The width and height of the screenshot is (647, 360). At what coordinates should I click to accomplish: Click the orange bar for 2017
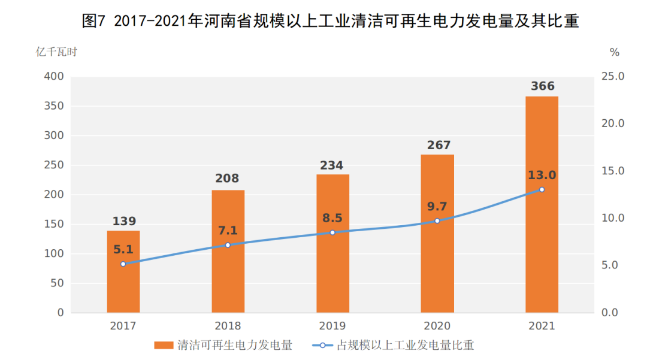click(x=123, y=282)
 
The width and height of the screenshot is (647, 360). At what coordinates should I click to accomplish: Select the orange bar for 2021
click(x=542, y=240)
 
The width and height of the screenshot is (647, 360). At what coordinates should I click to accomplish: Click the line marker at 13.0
click(x=542, y=189)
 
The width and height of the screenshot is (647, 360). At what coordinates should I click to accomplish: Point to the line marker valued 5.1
click(x=123, y=264)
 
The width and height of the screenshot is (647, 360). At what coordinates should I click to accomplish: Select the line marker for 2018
click(x=228, y=245)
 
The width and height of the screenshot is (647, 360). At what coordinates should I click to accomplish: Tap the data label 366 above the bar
click(x=542, y=86)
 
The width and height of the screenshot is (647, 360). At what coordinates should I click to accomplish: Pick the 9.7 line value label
click(x=437, y=207)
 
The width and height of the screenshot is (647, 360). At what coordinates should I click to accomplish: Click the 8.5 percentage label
click(x=332, y=218)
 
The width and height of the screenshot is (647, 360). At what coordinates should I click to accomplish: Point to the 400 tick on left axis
click(x=53, y=77)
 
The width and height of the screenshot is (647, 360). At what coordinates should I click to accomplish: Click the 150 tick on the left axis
click(x=53, y=224)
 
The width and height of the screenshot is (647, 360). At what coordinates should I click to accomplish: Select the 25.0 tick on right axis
click(x=613, y=77)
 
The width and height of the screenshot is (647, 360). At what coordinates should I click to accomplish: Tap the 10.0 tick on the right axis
click(x=613, y=218)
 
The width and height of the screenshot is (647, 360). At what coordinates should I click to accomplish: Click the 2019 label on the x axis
click(x=332, y=326)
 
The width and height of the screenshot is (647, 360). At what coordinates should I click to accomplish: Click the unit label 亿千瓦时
click(x=56, y=52)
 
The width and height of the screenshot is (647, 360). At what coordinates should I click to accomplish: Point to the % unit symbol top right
click(x=614, y=53)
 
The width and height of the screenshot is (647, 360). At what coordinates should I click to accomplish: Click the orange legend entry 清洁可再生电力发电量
click(x=225, y=346)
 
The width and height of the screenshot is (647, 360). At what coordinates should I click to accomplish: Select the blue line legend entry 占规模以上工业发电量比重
click(x=395, y=346)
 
